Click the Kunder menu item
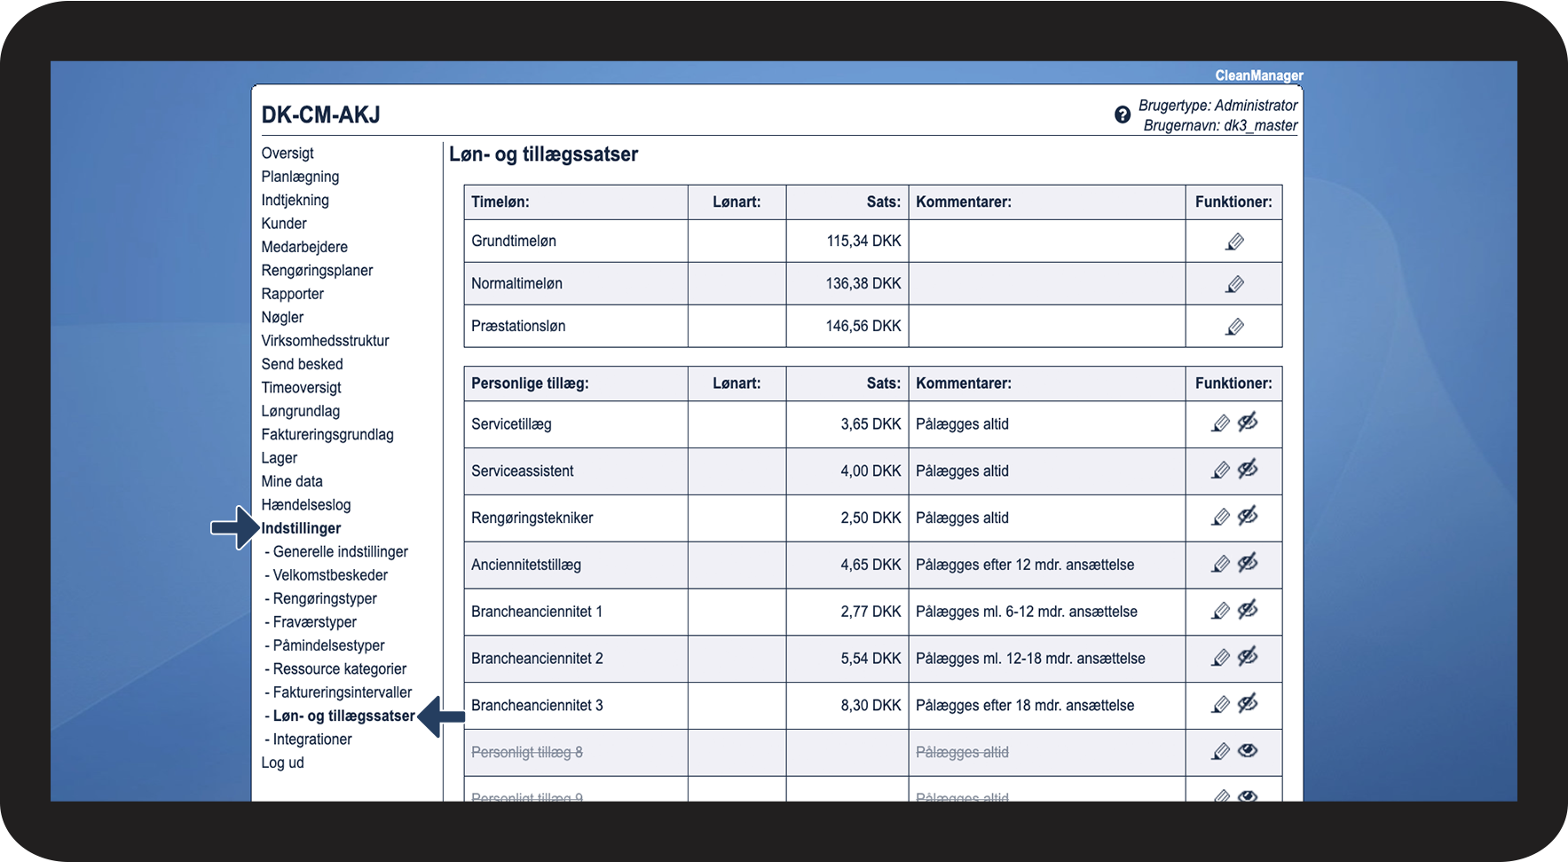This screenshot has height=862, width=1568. point(284,224)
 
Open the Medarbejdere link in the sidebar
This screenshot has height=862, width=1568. point(304,247)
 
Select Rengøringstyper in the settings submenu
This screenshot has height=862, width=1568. point(325,598)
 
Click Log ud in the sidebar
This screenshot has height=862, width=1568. point(282,763)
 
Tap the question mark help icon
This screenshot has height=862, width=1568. point(1123,115)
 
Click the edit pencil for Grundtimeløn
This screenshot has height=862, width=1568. point(1234,241)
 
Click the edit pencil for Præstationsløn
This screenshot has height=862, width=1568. point(1234,327)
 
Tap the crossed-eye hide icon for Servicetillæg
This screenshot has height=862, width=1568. point(1248,423)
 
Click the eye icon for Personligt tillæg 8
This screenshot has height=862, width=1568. point(1248,751)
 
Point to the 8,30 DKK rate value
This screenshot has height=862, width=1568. point(871,706)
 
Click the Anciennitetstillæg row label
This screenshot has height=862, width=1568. point(526,565)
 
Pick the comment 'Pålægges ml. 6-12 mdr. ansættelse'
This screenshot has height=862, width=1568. point(1027,612)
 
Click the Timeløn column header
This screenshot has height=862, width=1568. point(500,202)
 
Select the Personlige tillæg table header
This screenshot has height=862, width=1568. point(530,384)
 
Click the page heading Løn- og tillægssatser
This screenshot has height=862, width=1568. point(543,154)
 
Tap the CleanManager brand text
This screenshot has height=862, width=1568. point(1258,75)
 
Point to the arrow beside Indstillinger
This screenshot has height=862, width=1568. point(234,528)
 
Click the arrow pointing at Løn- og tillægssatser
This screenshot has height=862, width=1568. point(441,716)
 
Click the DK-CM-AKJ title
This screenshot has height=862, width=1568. point(320,115)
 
